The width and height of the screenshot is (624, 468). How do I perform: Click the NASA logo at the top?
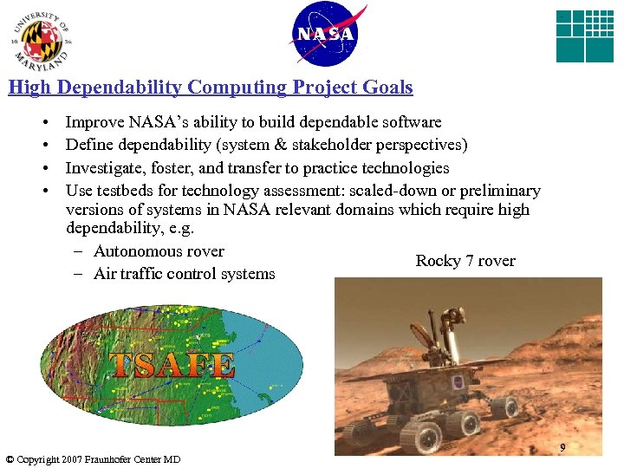pyautogui.click(x=326, y=35)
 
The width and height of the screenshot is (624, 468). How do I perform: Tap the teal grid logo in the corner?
pyautogui.click(x=584, y=36)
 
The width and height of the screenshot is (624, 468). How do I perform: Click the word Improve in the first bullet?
pyautogui.click(x=92, y=122)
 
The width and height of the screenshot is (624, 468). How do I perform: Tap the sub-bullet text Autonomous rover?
pyautogui.click(x=159, y=251)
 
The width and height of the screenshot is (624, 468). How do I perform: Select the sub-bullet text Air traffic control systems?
pyautogui.click(x=184, y=274)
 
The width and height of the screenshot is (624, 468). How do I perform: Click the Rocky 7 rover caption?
pyautogui.click(x=465, y=261)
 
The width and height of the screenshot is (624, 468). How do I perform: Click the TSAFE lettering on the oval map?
pyautogui.click(x=172, y=365)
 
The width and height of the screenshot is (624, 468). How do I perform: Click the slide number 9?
pyautogui.click(x=562, y=448)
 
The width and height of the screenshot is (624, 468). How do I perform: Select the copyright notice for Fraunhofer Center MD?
pyautogui.click(x=93, y=459)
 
